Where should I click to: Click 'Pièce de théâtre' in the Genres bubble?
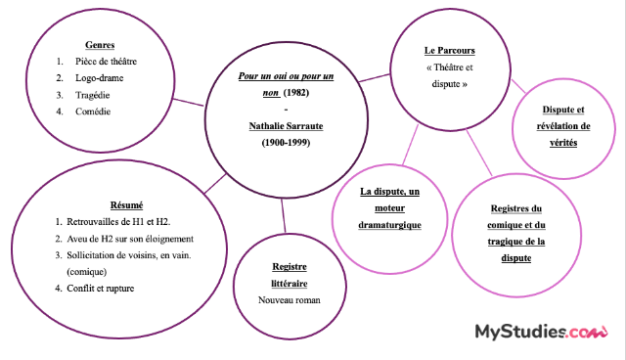(113, 62)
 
